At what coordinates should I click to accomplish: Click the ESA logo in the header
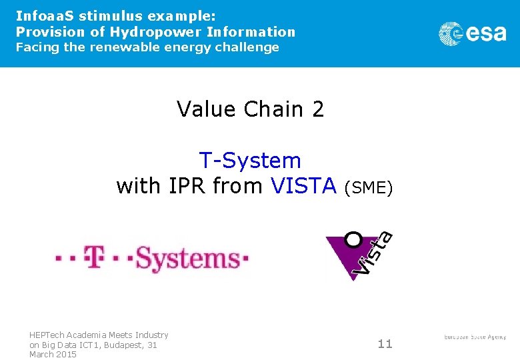pos(472,33)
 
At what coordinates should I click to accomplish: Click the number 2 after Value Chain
pos(317,109)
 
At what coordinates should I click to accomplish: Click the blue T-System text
pos(250,161)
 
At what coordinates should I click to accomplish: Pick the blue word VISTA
pos(303,186)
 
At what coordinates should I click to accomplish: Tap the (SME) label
pos(369,188)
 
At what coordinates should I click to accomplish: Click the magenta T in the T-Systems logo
pos(95,257)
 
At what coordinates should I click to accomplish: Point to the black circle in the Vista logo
pos(353,239)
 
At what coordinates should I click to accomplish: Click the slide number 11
pos(385,344)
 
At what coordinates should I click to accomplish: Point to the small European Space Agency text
pos(475,337)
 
